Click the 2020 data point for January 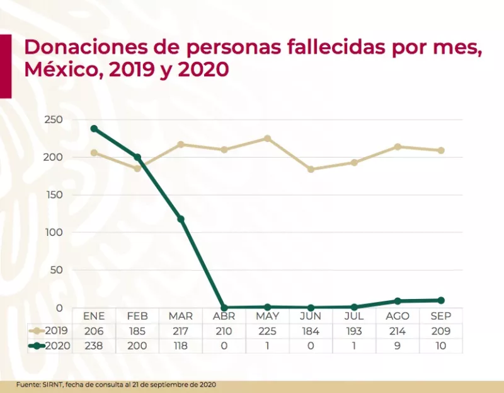coord(94,129)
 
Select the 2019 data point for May coord(267,138)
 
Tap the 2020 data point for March coord(181,219)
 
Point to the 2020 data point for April coord(224,307)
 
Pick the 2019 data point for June coord(311,169)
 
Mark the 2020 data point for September coord(441,300)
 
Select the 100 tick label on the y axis coord(53,232)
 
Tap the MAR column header coord(181,316)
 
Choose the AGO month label coord(398,316)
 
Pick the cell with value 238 coord(94,346)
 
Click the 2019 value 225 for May coord(267,331)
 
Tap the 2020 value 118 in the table coord(181,346)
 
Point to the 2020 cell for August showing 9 coord(398,346)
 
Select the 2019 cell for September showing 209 coord(441,331)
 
